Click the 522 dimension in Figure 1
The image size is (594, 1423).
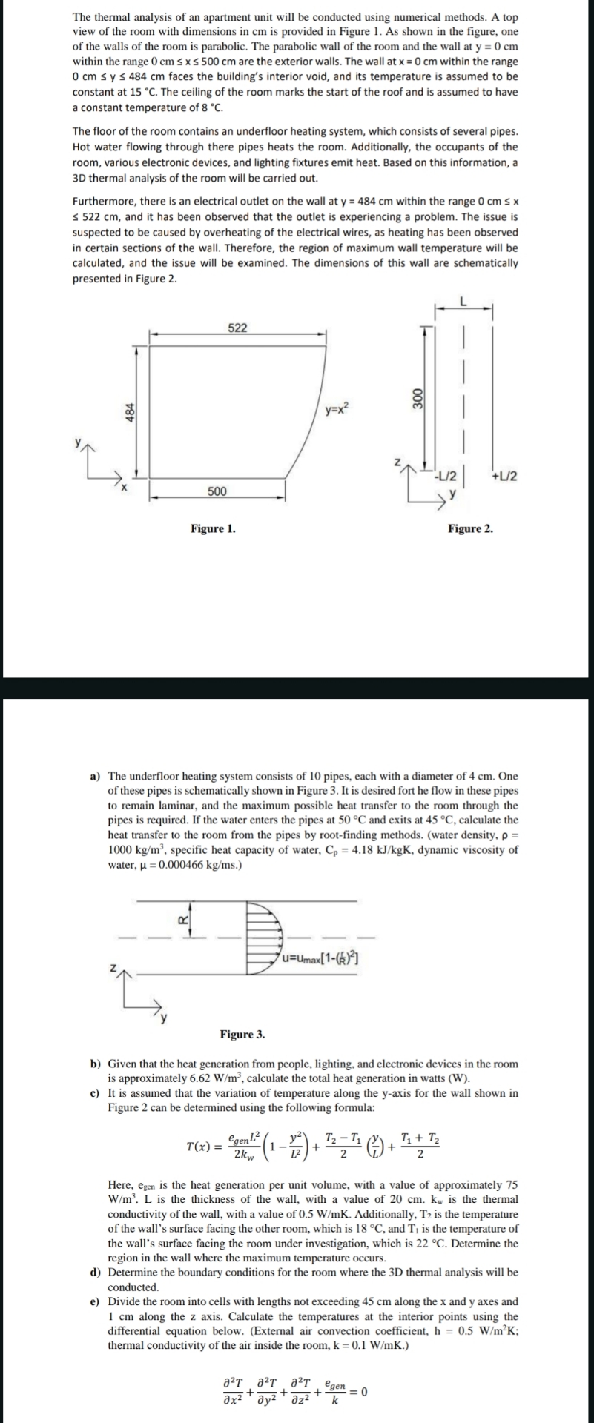tap(237, 328)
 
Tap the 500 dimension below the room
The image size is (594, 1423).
tap(217, 491)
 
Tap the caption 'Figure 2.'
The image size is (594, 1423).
tap(470, 528)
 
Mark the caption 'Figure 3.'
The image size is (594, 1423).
tap(242, 1034)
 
